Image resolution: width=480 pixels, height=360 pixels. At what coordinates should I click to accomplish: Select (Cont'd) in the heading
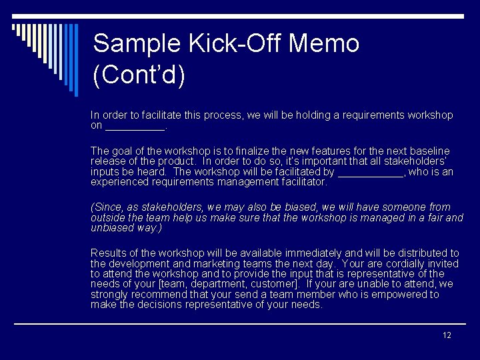[x=139, y=75]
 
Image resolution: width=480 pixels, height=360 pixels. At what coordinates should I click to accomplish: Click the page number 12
[x=447, y=335]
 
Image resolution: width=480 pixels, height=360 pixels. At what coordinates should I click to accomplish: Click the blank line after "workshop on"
[x=135, y=126]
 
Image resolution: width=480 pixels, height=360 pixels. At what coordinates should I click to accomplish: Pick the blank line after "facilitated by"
[x=371, y=172]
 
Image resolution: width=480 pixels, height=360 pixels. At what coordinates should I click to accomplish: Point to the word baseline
[x=430, y=151]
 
